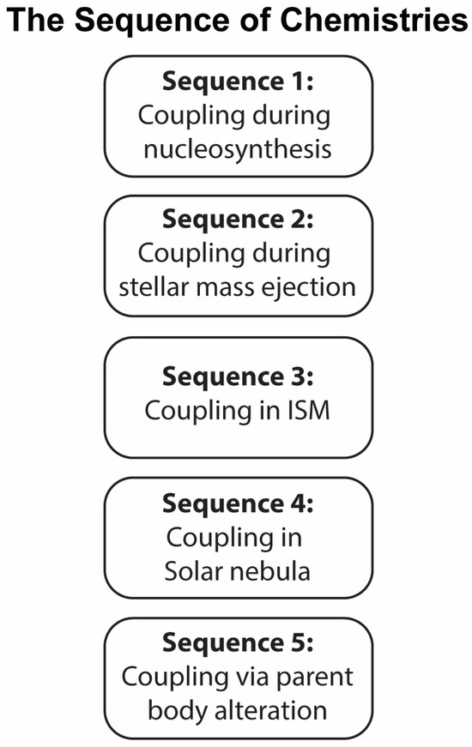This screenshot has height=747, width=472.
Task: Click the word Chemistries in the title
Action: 373,21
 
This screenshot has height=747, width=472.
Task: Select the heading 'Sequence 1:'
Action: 238,81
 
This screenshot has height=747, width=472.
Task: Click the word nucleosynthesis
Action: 238,149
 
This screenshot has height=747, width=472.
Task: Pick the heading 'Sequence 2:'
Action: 238,220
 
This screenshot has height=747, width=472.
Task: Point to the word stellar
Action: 148,287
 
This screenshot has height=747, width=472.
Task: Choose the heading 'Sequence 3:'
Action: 238,377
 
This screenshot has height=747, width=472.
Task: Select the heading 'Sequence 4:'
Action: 238,503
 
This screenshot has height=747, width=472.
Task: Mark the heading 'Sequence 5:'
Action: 238,642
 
